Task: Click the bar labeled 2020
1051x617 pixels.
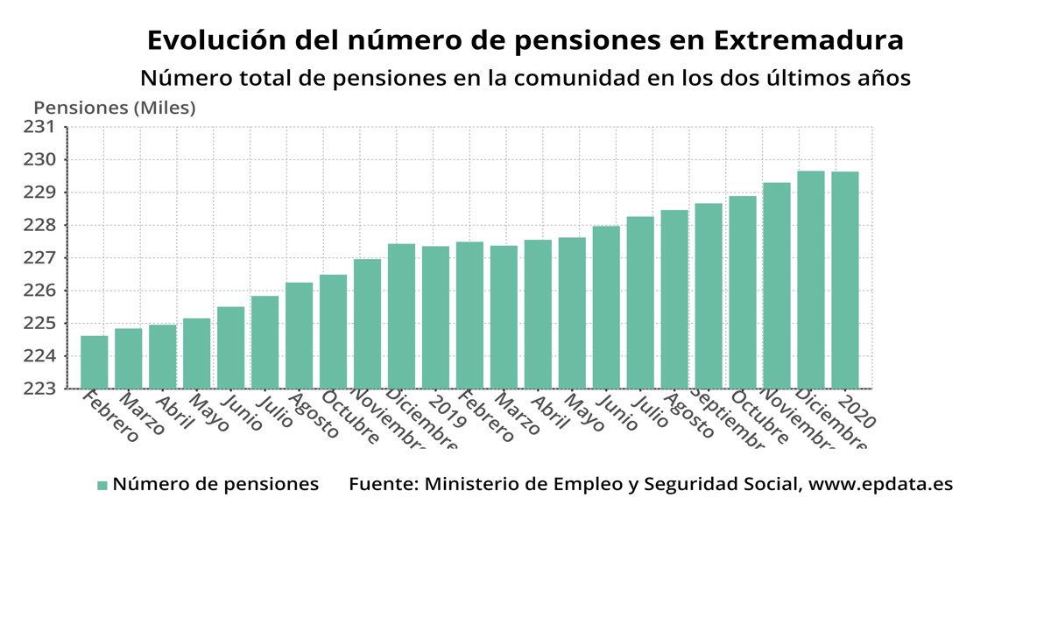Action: click(x=845, y=280)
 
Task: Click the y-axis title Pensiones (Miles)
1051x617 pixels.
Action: click(x=115, y=109)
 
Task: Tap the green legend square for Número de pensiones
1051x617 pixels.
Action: click(x=102, y=485)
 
